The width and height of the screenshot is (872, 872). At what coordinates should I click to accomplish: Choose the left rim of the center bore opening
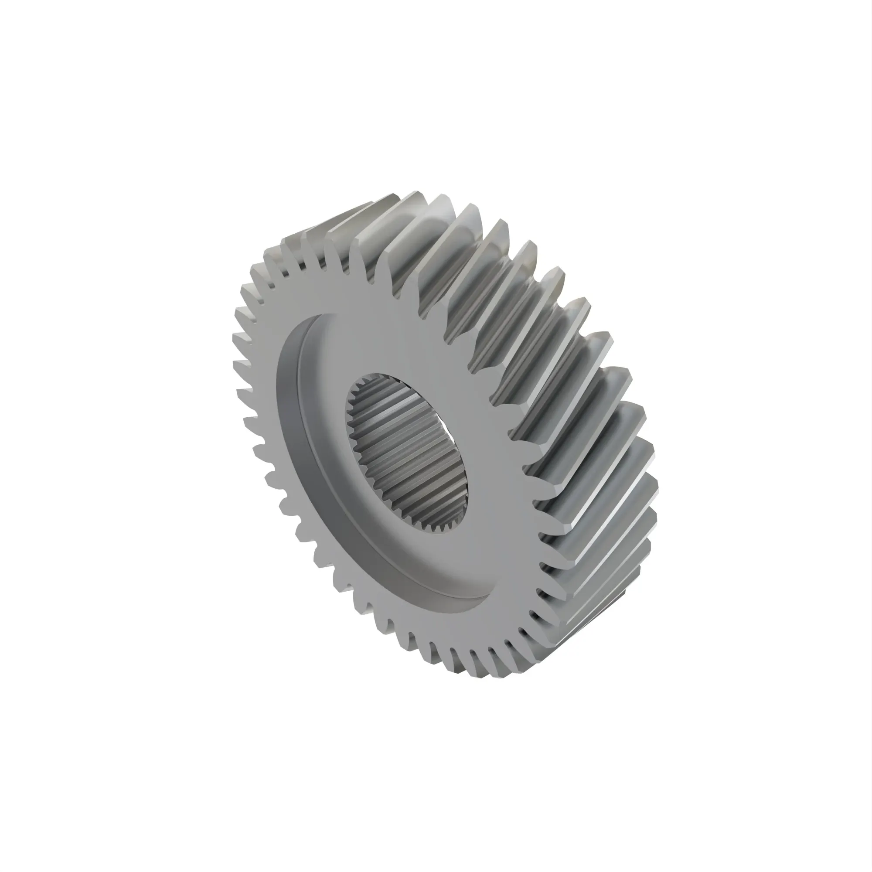pos(350,415)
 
